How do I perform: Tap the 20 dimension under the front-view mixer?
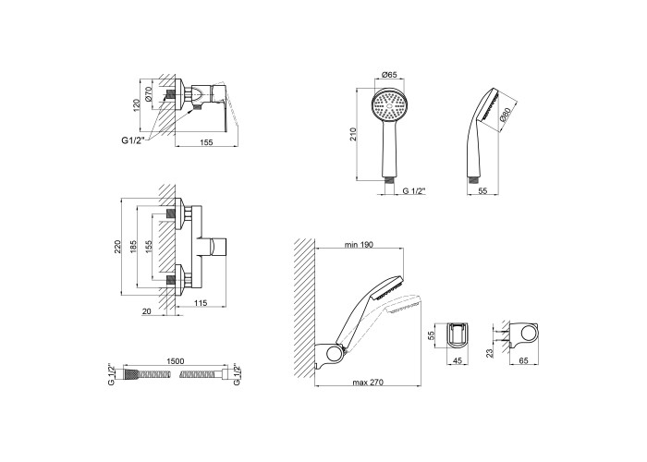[x=146, y=311]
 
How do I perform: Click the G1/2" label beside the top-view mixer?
[x=133, y=140]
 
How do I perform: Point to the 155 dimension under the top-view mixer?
[x=205, y=142]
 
